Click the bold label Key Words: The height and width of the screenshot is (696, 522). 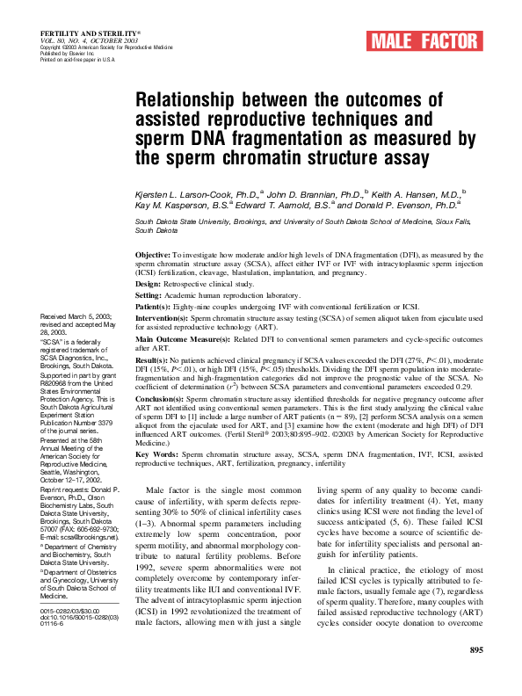pyautogui.click(x=156, y=454)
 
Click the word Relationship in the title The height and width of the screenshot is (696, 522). pyautogui.click(x=188, y=100)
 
